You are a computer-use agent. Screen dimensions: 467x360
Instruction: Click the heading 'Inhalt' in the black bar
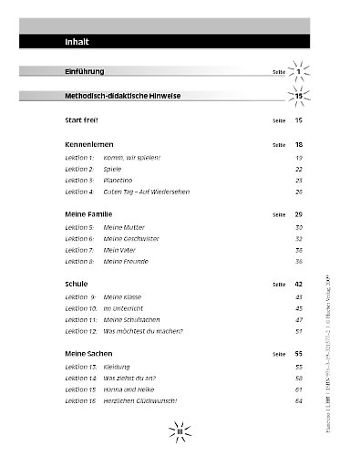tap(76, 42)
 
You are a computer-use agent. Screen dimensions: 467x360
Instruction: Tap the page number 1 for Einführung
tap(298, 71)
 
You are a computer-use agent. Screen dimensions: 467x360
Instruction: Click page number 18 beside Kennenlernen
tap(298, 144)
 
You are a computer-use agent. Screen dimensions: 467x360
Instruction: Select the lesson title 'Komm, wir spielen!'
tap(131, 158)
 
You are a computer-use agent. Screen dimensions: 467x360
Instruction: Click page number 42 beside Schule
tap(298, 285)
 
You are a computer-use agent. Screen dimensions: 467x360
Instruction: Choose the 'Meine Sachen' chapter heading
tap(87, 353)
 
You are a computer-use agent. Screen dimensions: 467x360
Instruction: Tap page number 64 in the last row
tap(298, 400)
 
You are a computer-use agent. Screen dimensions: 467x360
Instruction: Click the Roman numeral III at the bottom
tap(180, 431)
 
